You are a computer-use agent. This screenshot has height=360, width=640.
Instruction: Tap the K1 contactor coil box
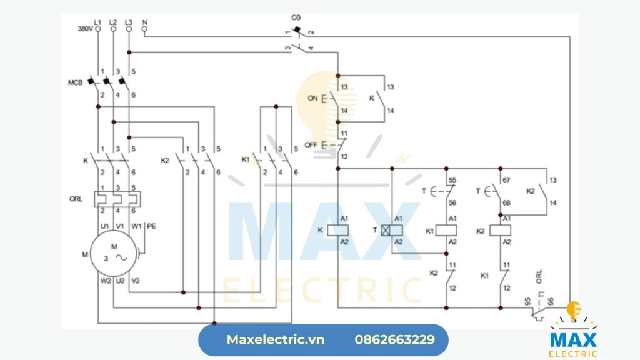pyautogui.click(x=446, y=231)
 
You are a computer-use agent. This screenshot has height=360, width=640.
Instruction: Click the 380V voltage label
pyautogui.click(x=85, y=29)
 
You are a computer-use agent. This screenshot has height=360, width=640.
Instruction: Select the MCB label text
pyautogui.click(x=76, y=82)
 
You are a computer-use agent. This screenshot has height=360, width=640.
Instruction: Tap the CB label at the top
pyautogui.click(x=296, y=17)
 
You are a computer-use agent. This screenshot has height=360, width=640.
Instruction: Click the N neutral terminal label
pyautogui.click(x=144, y=22)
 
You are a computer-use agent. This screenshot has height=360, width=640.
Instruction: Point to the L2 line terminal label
pyautogui.click(x=113, y=22)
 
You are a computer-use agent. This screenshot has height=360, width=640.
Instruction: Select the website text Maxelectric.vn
pyautogui.click(x=276, y=340)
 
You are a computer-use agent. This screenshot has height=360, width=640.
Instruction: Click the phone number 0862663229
pyautogui.click(x=394, y=340)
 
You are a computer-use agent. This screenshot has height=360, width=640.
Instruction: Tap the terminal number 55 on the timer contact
pyautogui.click(x=452, y=179)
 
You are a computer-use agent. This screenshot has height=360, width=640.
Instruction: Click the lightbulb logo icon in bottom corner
pyautogui.click(x=573, y=311)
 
